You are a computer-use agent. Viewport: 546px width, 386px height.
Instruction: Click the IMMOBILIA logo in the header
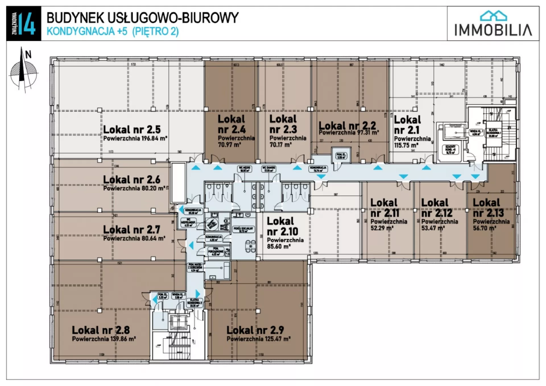(493, 24)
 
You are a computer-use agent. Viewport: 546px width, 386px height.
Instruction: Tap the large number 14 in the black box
(28, 24)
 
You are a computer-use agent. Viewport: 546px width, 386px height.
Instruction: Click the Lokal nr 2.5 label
(132, 130)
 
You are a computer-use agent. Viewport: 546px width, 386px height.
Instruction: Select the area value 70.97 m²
(229, 145)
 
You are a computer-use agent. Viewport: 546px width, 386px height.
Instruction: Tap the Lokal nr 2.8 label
(101, 330)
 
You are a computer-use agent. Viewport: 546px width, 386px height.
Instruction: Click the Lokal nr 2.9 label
(255, 330)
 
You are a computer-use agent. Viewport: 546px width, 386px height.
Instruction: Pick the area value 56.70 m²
(485, 228)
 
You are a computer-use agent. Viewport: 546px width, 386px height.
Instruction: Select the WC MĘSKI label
(245, 169)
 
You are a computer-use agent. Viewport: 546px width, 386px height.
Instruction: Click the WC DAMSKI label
(269, 169)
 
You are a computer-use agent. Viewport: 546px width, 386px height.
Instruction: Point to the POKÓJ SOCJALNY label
(243, 229)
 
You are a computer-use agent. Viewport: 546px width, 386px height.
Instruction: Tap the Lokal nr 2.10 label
(282, 226)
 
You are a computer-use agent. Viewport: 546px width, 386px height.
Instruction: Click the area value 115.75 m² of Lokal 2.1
(406, 145)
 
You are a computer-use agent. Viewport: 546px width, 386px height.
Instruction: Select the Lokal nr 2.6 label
(131, 180)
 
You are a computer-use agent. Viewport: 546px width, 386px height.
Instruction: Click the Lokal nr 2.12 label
(437, 208)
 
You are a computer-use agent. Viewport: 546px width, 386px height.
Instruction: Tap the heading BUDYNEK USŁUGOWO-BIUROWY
(142, 18)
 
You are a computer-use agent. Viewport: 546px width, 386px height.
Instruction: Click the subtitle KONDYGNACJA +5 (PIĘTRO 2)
(113, 31)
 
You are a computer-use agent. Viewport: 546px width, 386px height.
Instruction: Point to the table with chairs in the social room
(250, 246)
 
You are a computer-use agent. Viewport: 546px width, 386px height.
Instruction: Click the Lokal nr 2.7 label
(131, 229)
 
